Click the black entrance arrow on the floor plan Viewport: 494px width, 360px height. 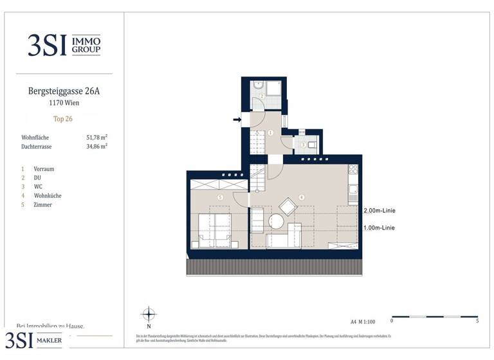pyautogui.click(x=237, y=119)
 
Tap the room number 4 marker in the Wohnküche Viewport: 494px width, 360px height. pyautogui.click(x=301, y=197)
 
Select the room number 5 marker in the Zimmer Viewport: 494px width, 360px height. pyautogui.click(x=220, y=197)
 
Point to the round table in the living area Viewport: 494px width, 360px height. pyautogui.click(x=277, y=222)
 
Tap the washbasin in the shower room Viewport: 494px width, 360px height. pyautogui.click(x=257, y=84)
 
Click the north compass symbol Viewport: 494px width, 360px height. pyautogui.click(x=149, y=315)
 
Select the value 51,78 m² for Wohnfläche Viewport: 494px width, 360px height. pyautogui.click(x=96, y=137)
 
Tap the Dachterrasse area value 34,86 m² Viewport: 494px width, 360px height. pyautogui.click(x=96, y=147)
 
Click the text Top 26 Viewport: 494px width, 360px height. pyautogui.click(x=63, y=118)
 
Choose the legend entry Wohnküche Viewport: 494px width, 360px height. pyautogui.click(x=48, y=195)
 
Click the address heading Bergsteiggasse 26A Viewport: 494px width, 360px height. pyautogui.click(x=64, y=91)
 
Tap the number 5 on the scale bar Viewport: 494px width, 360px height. pyautogui.click(x=477, y=320)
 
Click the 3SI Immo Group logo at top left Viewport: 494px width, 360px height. pyautogui.click(x=64, y=45)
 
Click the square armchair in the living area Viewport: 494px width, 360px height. pyautogui.click(x=288, y=207)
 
